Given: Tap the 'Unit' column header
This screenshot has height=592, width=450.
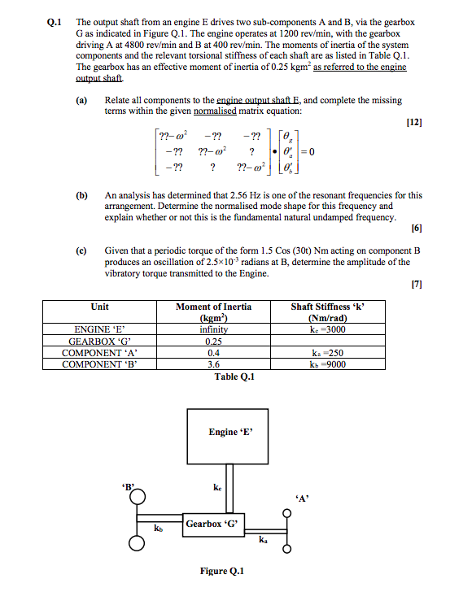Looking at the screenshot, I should [x=100, y=307].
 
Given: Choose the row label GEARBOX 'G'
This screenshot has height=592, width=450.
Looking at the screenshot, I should [x=100, y=341].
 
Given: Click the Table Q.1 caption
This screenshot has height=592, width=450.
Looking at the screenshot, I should [x=235, y=377].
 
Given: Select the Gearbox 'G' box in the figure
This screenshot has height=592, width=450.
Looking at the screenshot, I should [x=213, y=524].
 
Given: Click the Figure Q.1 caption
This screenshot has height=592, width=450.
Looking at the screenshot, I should [x=221, y=571].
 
